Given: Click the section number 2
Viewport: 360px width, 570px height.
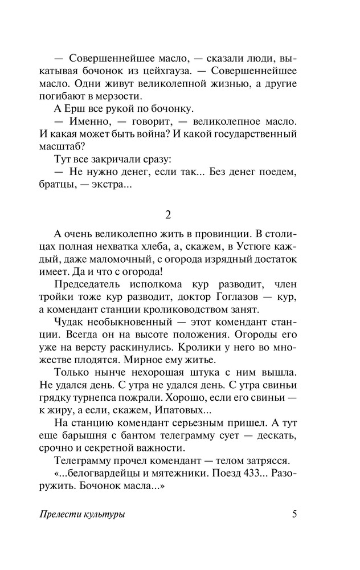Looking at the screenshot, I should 168,215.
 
